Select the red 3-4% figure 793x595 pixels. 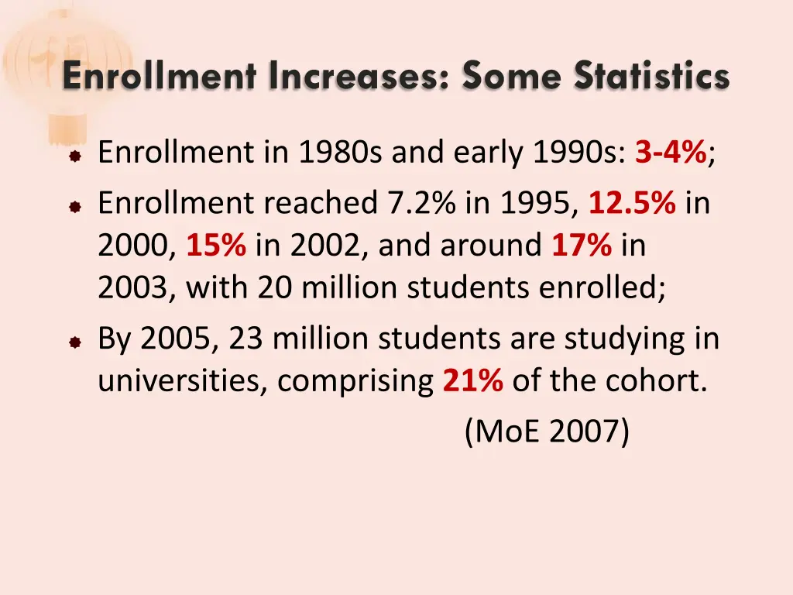pos(670,153)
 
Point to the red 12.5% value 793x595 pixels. pos(633,203)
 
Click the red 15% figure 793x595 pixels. pos(216,246)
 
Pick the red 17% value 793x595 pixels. pos(582,246)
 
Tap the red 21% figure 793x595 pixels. pos(473,380)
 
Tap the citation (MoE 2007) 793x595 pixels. pos(547,432)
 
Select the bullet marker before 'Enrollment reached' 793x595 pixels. pos(74,206)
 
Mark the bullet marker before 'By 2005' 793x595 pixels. pos(74,341)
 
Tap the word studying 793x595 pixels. pos(610,339)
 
